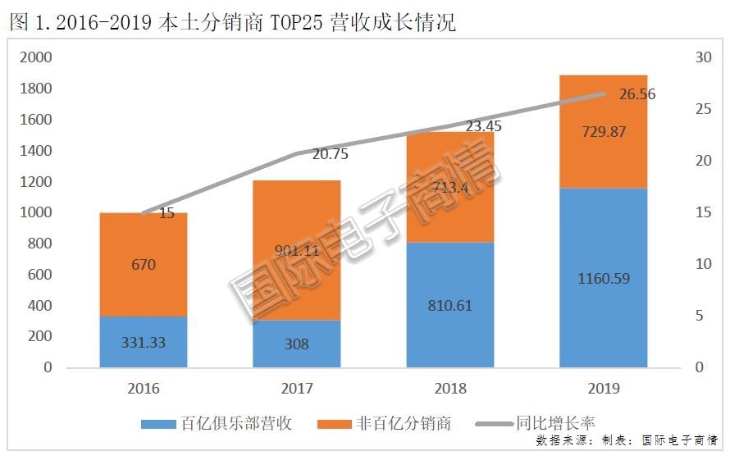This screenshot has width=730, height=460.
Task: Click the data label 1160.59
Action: (x=603, y=278)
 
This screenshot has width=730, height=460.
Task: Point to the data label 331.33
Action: (x=144, y=343)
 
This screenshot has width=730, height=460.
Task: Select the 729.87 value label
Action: (x=603, y=132)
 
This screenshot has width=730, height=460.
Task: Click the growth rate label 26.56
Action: (x=637, y=94)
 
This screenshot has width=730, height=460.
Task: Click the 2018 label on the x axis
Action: (x=449, y=388)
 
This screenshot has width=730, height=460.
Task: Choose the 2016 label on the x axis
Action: (x=144, y=388)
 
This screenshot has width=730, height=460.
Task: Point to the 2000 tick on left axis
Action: (x=36, y=57)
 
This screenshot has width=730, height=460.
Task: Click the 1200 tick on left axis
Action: (x=36, y=181)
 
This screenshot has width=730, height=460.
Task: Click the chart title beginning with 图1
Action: (x=233, y=22)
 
